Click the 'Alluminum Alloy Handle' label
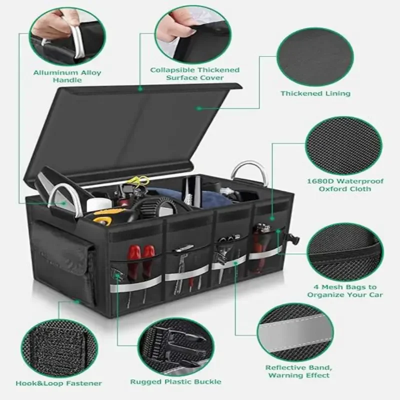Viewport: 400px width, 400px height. click(x=67, y=76)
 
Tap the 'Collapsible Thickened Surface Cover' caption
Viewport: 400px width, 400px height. click(x=195, y=74)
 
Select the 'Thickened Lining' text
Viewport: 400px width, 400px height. click(x=315, y=93)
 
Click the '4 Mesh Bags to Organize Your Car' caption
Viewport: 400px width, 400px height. click(x=345, y=291)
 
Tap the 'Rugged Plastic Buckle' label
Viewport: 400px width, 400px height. click(x=175, y=381)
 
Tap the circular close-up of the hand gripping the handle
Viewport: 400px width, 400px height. click(x=67, y=31)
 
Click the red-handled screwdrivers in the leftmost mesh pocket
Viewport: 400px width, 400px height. click(x=140, y=265)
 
